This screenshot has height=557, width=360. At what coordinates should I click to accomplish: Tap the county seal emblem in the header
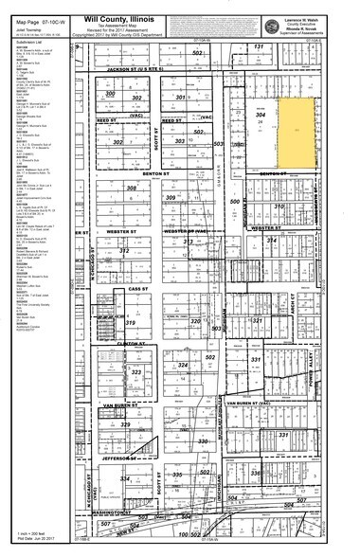pos(274,22)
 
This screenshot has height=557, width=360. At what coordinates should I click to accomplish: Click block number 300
pos(111,95)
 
